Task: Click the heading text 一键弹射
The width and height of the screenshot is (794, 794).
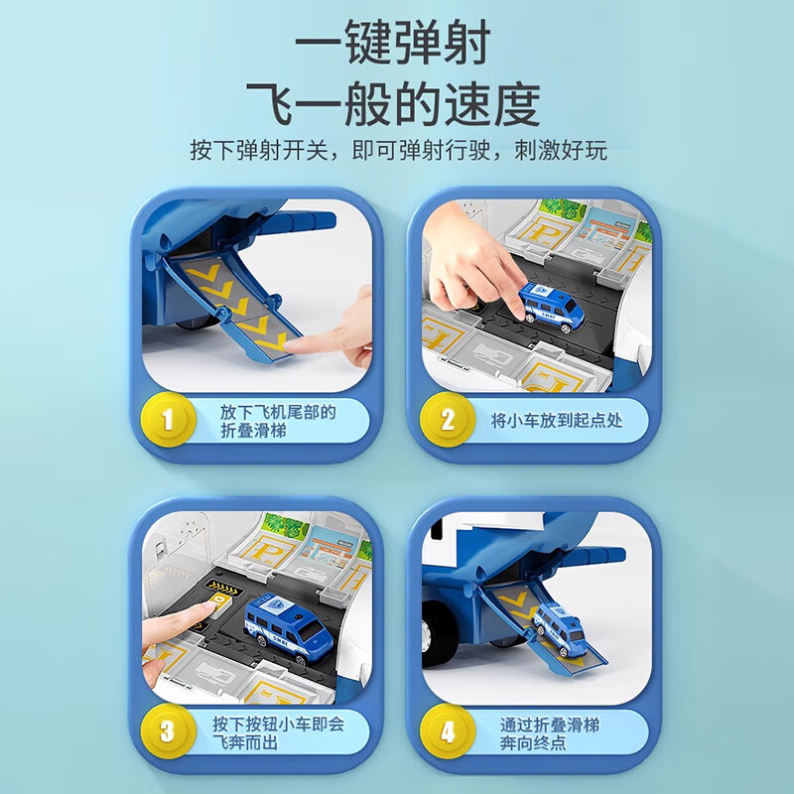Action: tap(396, 47)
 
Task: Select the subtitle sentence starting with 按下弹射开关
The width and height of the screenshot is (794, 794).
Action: tap(397, 152)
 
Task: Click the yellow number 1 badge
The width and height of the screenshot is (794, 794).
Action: tap(167, 420)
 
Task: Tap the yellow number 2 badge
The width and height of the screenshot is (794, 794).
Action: tap(447, 420)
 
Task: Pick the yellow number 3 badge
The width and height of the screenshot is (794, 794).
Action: tap(167, 733)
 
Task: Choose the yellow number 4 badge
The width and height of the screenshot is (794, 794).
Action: tap(447, 733)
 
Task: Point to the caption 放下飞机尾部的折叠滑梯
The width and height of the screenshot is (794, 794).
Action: tap(276, 421)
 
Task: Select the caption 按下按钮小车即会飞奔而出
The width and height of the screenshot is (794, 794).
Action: tap(276, 733)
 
